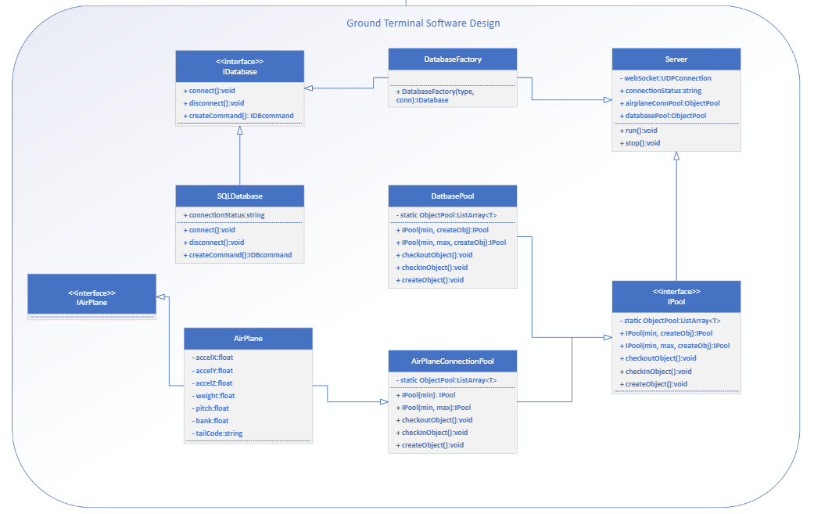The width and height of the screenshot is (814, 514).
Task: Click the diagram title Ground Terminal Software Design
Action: click(423, 23)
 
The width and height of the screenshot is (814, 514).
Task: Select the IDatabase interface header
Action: click(239, 66)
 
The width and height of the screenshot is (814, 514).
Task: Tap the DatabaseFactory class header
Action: click(453, 59)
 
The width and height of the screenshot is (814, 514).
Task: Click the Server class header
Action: click(676, 59)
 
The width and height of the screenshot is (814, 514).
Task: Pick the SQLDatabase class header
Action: click(239, 196)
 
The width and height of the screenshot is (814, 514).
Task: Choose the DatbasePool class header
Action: click(453, 196)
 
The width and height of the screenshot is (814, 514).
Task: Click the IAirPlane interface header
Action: click(91, 293)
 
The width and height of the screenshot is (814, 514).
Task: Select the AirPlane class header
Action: click(248, 339)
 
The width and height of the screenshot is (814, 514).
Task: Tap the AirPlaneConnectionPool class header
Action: click(453, 361)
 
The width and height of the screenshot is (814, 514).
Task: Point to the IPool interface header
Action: click(676, 297)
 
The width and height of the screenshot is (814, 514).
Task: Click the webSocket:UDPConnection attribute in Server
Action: click(667, 78)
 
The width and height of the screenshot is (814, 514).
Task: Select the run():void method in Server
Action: click(640, 131)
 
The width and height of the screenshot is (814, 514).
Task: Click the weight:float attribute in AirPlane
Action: click(215, 396)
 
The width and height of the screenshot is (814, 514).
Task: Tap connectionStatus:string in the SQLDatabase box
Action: click(226, 215)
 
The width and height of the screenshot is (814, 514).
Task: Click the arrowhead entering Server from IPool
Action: click(676, 156)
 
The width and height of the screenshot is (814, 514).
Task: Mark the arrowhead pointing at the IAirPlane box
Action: click(160, 297)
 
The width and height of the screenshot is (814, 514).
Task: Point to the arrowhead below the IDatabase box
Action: click(240, 131)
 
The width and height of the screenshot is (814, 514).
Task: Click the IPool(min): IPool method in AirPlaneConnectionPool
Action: click(428, 395)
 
